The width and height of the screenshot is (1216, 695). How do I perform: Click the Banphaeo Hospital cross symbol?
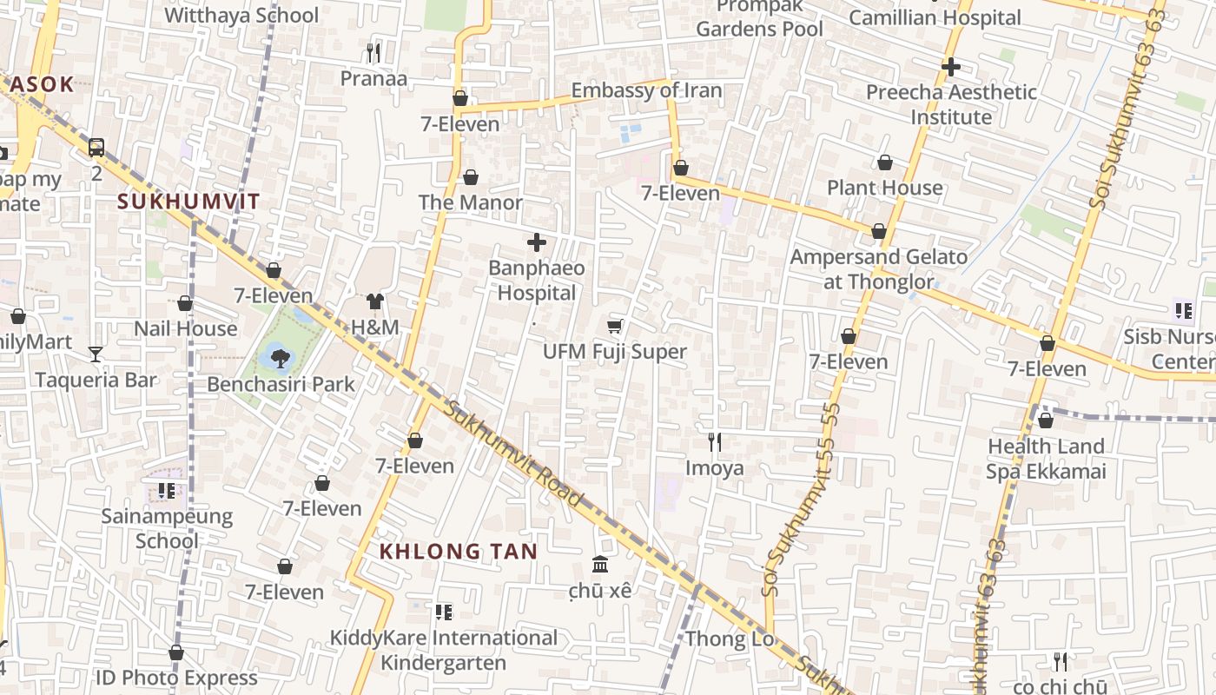[537, 242]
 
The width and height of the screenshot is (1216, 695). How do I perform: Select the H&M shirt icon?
[374, 301]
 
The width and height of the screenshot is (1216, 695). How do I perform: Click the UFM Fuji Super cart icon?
[614, 326]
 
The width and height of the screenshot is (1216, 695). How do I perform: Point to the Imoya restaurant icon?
[714, 442]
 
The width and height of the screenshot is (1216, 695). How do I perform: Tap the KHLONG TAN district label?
[458, 551]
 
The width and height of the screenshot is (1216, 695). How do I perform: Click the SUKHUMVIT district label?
[188, 202]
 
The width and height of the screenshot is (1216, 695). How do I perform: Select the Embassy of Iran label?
[646, 90]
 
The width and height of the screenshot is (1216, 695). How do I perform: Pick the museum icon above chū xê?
[599, 565]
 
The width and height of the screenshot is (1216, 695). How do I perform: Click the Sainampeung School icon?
[167, 491]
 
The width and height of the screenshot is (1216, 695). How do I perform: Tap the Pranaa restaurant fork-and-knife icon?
[373, 53]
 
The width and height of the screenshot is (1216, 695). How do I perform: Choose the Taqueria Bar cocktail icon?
[96, 354]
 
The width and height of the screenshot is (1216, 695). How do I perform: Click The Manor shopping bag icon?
[471, 177]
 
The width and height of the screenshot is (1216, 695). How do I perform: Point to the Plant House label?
[884, 188]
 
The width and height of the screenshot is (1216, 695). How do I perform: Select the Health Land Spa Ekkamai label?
[1046, 459]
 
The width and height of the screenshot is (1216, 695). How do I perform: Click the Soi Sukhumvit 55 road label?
[801, 500]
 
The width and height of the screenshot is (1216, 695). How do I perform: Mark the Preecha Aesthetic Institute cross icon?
[951, 66]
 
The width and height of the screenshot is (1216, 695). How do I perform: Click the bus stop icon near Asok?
[96, 148]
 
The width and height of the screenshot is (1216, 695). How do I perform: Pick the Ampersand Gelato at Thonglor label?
[878, 269]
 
